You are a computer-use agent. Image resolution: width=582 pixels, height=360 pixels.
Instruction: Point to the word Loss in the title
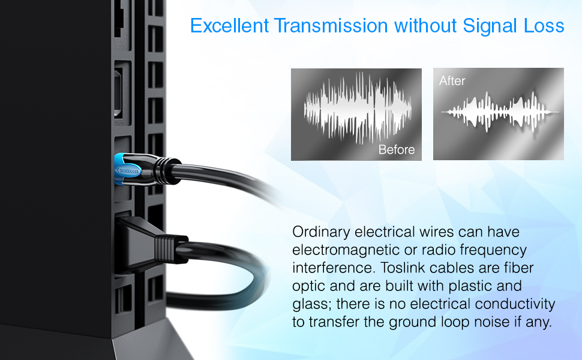[545, 26]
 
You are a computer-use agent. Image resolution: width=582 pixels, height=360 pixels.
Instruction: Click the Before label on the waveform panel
[396, 149]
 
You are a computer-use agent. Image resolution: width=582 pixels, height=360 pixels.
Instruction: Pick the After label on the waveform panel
[452, 81]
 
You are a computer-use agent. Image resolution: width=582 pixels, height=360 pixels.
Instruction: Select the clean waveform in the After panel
[498, 112]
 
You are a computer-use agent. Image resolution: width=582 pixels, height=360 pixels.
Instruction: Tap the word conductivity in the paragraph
[518, 304]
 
